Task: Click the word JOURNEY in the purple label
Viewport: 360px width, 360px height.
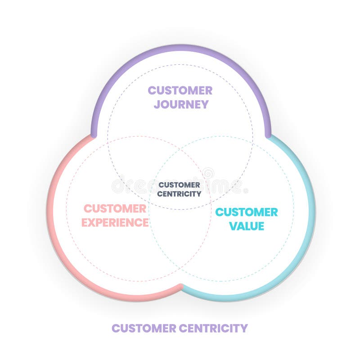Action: pos(181,104)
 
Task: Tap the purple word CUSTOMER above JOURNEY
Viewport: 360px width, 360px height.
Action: pos(180,90)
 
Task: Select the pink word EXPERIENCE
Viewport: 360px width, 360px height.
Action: pos(116,222)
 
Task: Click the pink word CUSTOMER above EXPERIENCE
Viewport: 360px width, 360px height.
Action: pos(115,209)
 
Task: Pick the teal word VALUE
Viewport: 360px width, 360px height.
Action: pos(247,226)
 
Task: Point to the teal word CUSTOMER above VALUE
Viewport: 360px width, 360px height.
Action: pos(247,212)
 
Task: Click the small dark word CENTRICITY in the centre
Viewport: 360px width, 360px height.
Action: pos(180,194)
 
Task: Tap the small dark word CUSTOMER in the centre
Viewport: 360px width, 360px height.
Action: pos(180,185)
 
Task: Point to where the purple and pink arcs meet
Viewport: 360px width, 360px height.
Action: pos(94,135)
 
